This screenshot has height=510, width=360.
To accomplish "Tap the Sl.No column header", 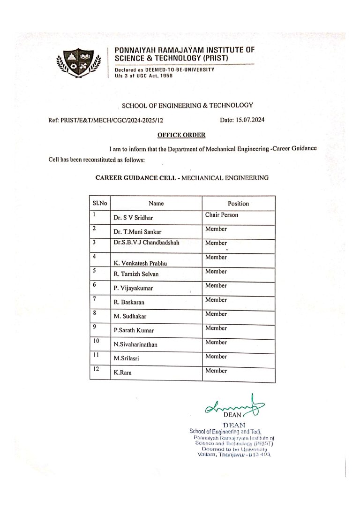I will tap(99, 203).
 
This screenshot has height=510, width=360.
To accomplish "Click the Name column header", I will tap(156, 204).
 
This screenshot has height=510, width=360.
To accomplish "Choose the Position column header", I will tap(238, 204).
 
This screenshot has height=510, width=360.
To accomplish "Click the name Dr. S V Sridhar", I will tap(133, 218).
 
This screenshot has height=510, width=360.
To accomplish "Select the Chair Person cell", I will tap(222, 215).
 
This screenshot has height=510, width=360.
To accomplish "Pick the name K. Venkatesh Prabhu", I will tap(141, 264).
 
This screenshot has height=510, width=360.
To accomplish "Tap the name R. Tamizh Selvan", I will tap(136, 274).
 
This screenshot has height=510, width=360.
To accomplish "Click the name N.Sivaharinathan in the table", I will tap(135, 345).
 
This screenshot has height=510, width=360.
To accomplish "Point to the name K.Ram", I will tap(123, 373).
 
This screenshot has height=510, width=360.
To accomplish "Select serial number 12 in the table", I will tap(96, 369).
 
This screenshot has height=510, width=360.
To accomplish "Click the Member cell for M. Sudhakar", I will tap(216, 314).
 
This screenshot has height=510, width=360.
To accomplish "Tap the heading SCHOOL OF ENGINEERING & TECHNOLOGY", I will tap(187, 106).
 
